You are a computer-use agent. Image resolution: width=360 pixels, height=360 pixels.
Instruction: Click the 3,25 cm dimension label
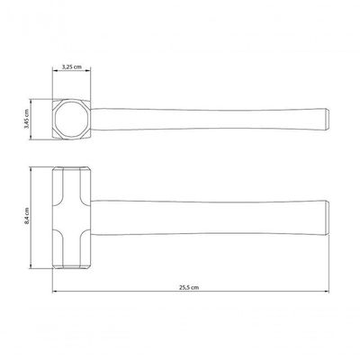coord(72,67)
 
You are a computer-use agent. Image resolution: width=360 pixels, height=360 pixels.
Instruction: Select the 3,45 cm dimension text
coord(26,120)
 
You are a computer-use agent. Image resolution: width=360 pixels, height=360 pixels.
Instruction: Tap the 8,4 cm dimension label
coord(27,216)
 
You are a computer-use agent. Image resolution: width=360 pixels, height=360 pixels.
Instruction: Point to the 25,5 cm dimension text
coord(189,287)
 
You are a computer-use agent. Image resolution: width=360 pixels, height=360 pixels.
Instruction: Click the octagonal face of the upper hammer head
coord(72,120)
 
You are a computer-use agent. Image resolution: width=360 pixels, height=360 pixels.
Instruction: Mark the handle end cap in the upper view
coord(328,120)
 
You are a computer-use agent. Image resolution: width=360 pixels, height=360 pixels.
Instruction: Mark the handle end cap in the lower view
coord(328,217)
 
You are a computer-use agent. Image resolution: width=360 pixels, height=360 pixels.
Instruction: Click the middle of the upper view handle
coord(208,120)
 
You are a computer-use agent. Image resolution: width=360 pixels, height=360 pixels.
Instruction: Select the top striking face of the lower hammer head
coord(71,167)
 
